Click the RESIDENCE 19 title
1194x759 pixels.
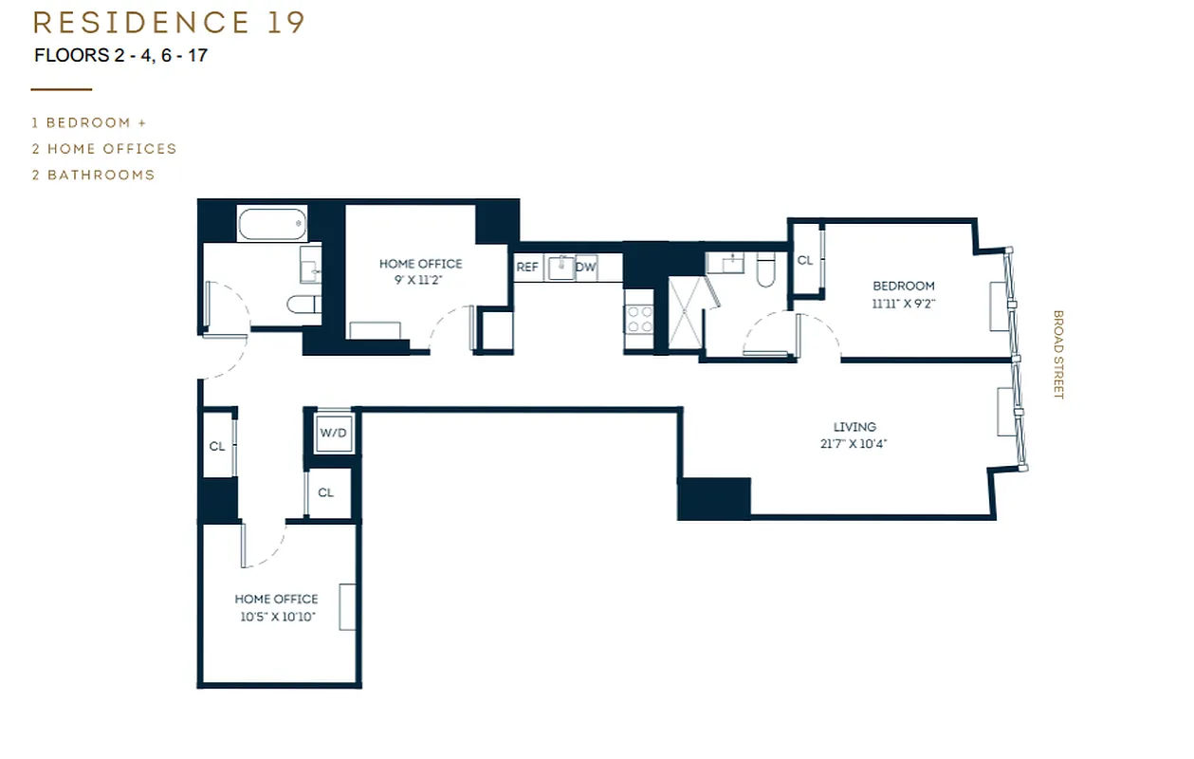click(x=169, y=22)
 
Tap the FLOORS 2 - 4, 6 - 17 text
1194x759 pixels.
click(x=120, y=55)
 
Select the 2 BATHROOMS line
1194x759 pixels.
click(x=93, y=175)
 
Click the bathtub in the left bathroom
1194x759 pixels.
click(x=272, y=224)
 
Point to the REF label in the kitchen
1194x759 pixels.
click(x=527, y=268)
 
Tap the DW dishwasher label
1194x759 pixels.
click(x=586, y=268)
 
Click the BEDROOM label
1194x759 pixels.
click(x=903, y=286)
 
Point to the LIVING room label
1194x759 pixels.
click(x=854, y=427)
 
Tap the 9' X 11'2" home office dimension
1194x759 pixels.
click(x=420, y=280)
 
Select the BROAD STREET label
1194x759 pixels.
click(x=1058, y=355)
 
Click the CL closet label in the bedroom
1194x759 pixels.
click(x=805, y=260)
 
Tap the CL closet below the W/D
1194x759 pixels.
click(x=326, y=492)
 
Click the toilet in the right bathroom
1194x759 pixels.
click(x=767, y=272)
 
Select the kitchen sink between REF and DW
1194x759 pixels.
click(x=561, y=268)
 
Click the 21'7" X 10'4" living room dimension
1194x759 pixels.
click(x=854, y=443)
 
